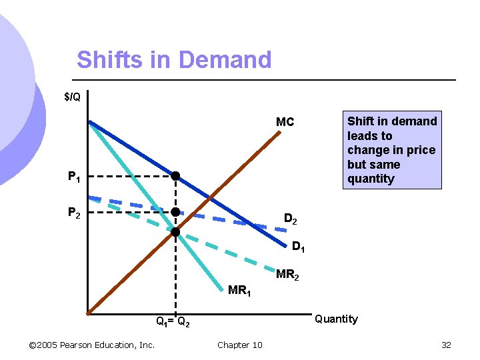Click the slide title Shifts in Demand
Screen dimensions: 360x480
pyautogui.click(x=174, y=60)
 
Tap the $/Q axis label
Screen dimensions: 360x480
pyautogui.click(x=72, y=97)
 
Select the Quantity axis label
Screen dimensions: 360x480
pyautogui.click(x=336, y=319)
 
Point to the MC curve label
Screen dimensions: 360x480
pyautogui.click(x=285, y=122)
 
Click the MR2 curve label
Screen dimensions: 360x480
pyautogui.click(x=287, y=274)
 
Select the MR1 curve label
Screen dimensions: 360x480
pyautogui.click(x=239, y=291)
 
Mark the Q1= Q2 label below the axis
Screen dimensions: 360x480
pyautogui.click(x=173, y=323)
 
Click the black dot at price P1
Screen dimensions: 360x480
pyautogui.click(x=175, y=177)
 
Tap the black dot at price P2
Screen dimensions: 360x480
pyautogui.click(x=175, y=212)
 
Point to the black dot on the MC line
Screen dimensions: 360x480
pyautogui.click(x=175, y=233)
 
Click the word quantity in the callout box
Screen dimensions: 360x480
pyautogui.click(x=371, y=179)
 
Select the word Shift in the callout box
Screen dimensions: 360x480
pyautogui.click(x=360, y=121)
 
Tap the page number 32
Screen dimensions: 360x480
pyautogui.click(x=446, y=345)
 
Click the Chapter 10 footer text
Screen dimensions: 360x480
pyautogui.click(x=239, y=345)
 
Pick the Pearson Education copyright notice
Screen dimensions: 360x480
pyautogui.click(x=92, y=345)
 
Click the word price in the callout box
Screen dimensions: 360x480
pyautogui.click(x=419, y=150)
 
